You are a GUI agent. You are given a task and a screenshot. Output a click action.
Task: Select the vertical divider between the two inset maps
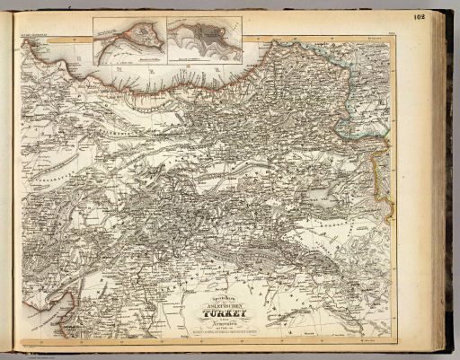pyautogui.click(x=164, y=40)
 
